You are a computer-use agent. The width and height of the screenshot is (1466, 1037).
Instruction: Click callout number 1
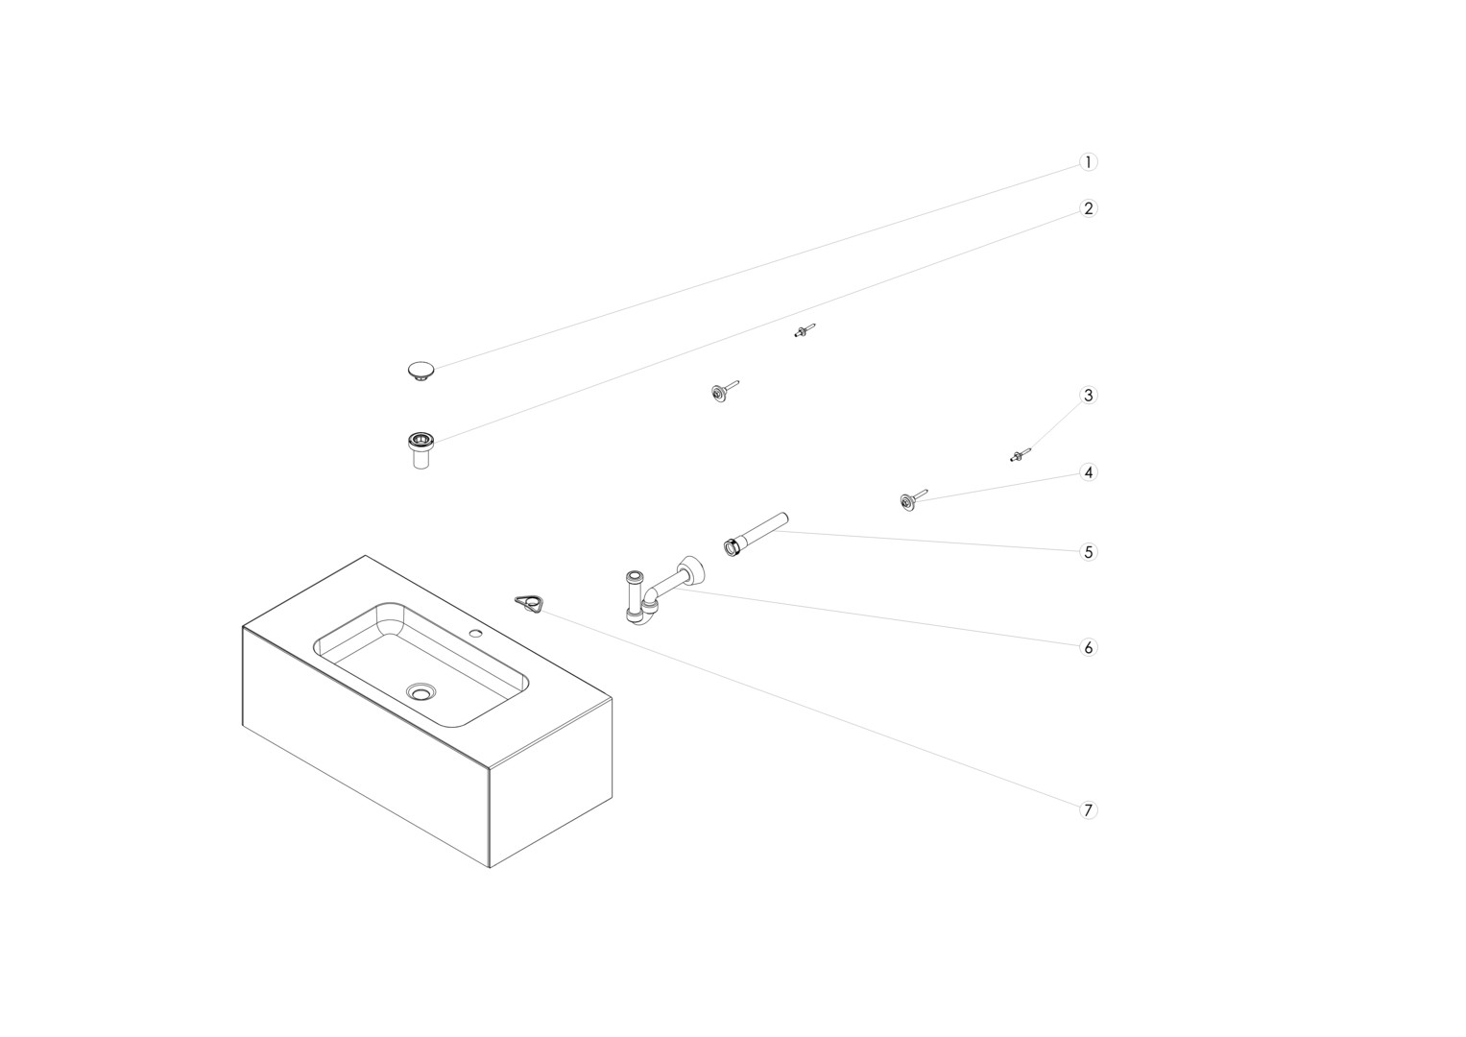1088,162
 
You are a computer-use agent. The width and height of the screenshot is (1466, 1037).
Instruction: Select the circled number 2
1088,209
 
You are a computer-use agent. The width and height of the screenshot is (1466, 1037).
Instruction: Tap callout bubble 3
1088,396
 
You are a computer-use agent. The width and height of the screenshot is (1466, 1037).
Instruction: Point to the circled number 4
1088,472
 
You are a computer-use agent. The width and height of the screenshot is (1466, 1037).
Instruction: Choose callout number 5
1088,552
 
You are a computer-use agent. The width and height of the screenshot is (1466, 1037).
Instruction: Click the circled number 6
1088,647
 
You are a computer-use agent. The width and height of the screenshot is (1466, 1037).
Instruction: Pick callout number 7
1088,810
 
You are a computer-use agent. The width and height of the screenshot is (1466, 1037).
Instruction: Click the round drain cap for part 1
421,371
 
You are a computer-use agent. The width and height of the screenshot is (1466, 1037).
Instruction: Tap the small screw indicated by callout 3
1020,455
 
